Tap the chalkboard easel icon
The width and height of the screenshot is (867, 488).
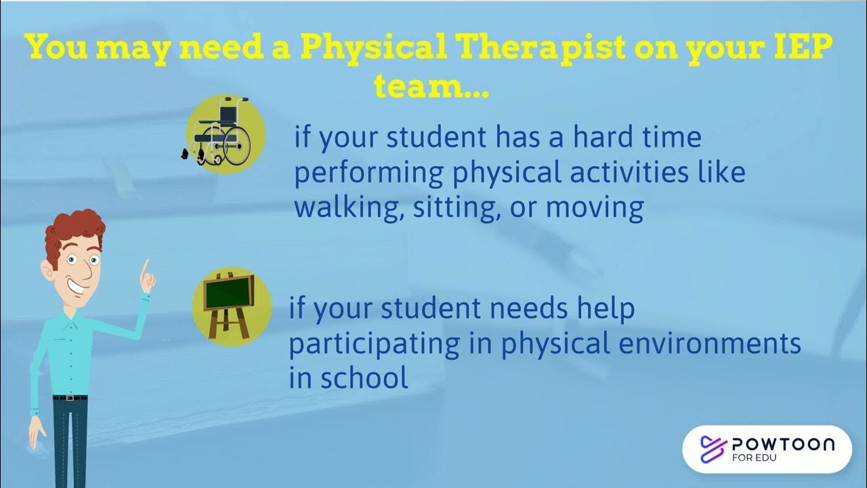pos(232,306)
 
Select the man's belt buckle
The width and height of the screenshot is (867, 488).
pos(70,398)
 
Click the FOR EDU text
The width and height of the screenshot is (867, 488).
pos(755,457)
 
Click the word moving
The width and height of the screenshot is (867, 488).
pos(595,207)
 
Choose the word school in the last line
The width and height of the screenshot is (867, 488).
pos(364,378)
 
